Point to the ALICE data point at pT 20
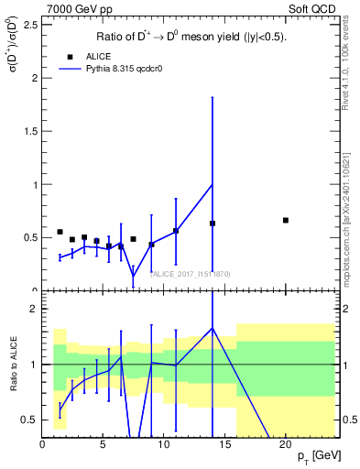[286, 220]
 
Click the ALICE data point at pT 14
[213, 224]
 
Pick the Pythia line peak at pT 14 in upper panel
[213, 185]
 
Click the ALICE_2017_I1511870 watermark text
[182, 274]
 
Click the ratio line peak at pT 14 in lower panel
[213, 328]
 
